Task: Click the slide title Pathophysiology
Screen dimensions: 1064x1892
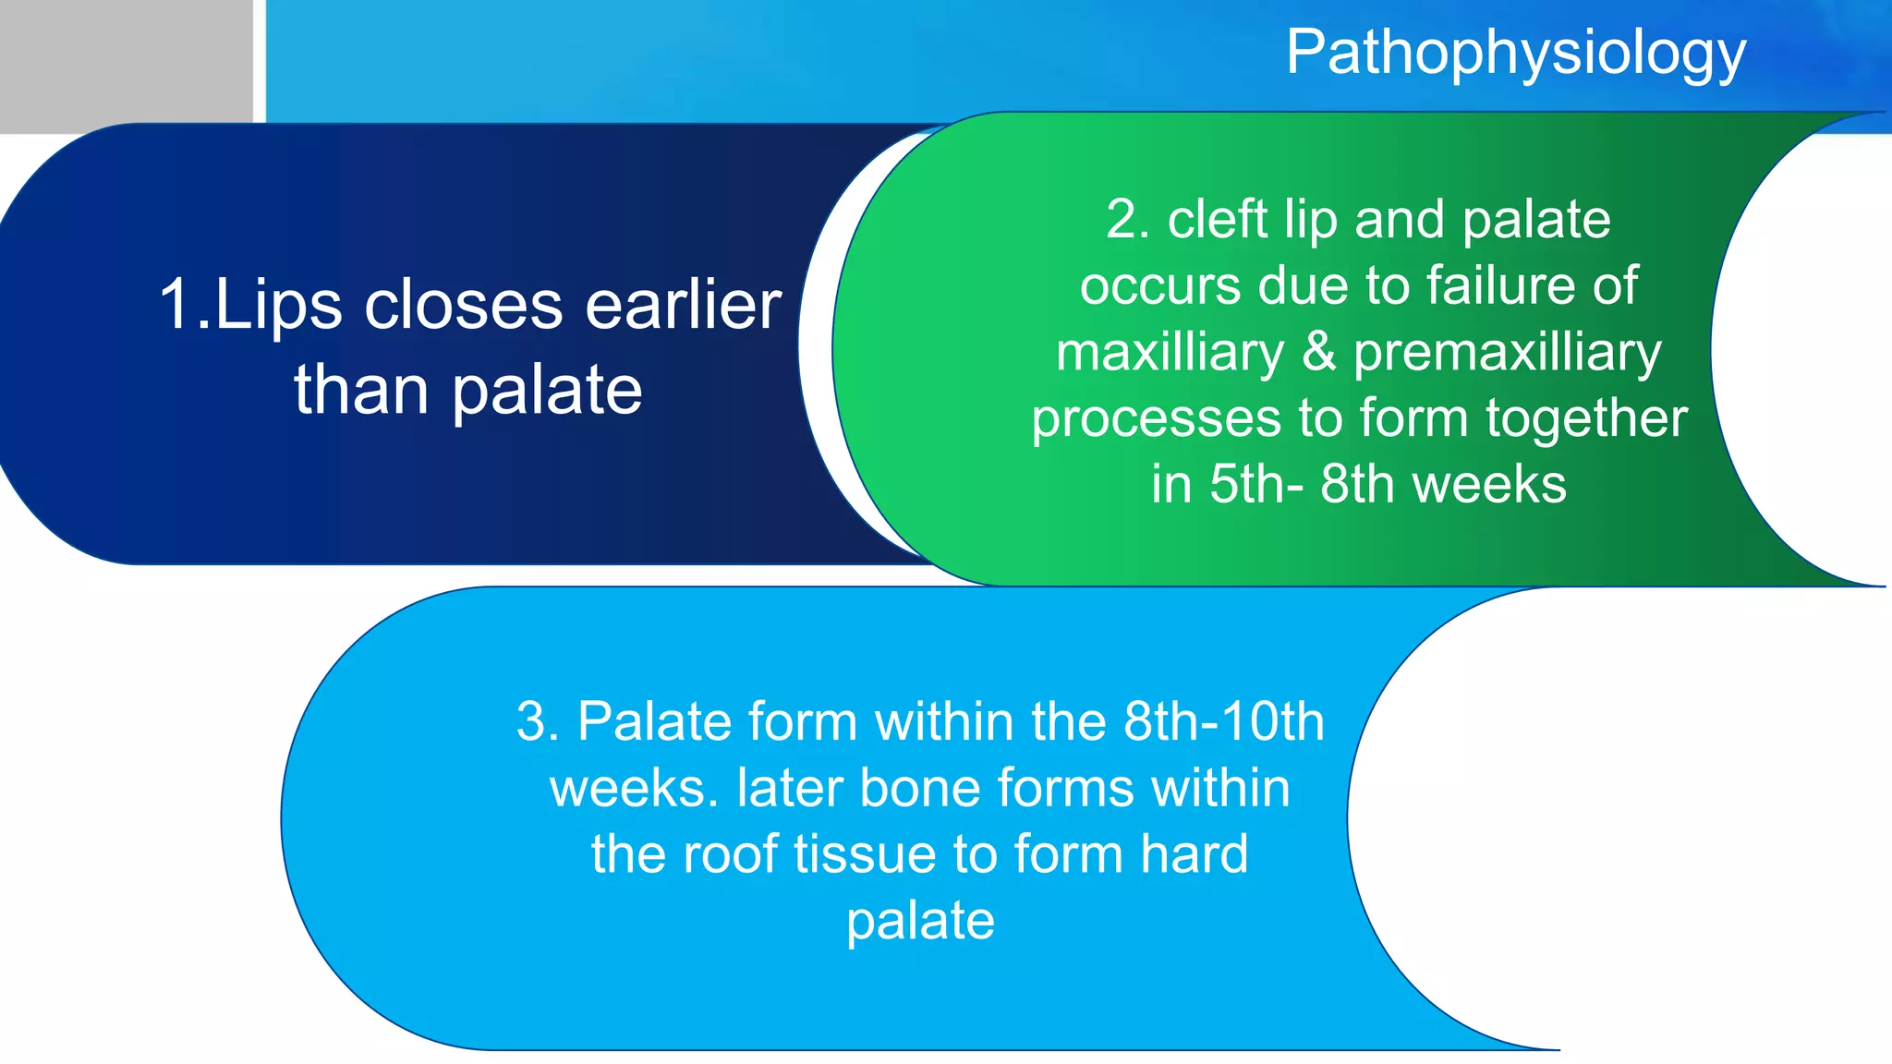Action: click(1515, 54)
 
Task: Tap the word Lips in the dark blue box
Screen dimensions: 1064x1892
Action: click(277, 306)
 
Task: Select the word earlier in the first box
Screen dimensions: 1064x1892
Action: click(684, 306)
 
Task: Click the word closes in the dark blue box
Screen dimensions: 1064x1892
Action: click(463, 306)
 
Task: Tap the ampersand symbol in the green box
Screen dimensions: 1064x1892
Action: click(1318, 353)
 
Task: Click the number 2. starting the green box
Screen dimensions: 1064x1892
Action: click(1128, 220)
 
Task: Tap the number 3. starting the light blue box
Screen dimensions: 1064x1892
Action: click(538, 721)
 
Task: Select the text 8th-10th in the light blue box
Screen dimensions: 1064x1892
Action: click(1224, 721)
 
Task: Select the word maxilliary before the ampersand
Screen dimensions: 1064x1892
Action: click(1170, 353)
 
